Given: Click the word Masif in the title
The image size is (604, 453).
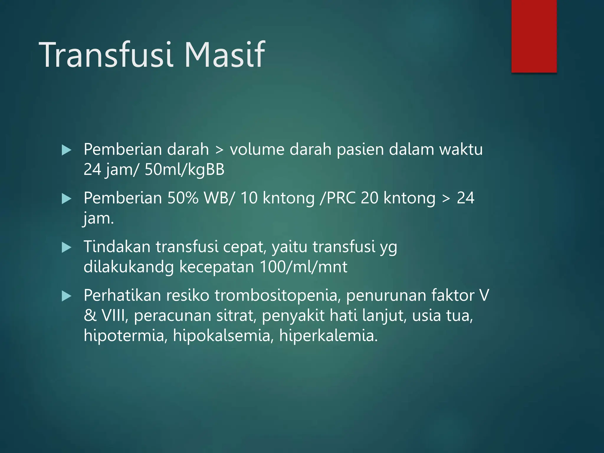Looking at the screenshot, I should point(225,55).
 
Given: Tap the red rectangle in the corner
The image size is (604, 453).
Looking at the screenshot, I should point(534,36).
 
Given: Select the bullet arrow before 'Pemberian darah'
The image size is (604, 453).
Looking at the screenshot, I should point(67,150).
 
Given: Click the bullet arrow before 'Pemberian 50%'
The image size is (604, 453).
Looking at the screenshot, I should point(67,199).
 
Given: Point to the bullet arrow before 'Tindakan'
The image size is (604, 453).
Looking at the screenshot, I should point(67,247).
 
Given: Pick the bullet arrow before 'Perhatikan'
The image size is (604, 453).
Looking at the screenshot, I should point(67,296).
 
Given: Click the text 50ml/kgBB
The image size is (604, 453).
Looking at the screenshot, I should point(185,170).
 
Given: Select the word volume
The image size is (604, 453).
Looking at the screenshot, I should point(257,150).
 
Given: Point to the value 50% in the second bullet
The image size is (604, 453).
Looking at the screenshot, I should point(183,198).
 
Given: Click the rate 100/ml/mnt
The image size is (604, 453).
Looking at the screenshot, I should point(303,267).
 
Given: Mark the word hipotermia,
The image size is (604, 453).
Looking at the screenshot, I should point(126,336).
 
